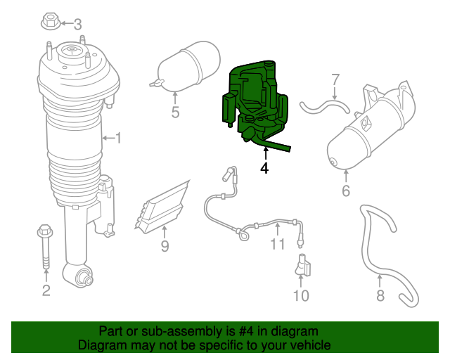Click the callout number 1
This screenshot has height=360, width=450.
118,138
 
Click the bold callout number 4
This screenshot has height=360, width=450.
264,168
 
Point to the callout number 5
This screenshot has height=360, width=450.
175,112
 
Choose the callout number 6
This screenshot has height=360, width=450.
346,191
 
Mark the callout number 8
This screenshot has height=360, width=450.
380,295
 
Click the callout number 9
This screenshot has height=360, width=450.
165,246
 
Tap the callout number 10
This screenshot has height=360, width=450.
300,295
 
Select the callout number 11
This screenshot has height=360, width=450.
278,245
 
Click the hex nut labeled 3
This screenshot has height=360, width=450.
50,23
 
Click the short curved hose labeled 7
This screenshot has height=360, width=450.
325,107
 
